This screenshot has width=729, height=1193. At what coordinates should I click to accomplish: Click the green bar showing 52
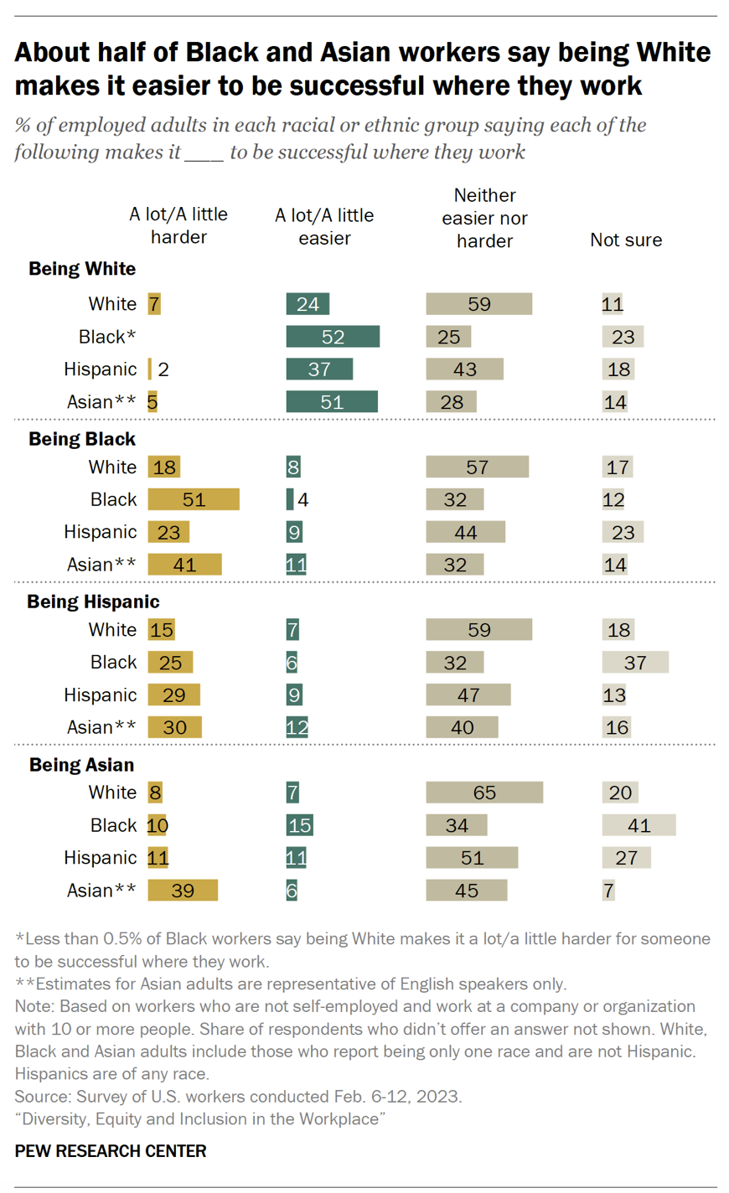tap(333, 337)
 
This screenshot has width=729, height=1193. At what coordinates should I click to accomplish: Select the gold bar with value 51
tap(194, 500)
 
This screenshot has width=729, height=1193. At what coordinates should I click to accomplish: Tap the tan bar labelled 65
tap(484, 793)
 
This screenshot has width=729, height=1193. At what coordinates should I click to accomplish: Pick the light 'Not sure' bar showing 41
tap(639, 825)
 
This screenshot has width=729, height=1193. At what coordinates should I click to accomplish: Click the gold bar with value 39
tap(183, 891)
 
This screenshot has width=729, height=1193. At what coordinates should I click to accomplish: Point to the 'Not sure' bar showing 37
tap(635, 663)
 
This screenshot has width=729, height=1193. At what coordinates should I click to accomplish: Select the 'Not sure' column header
tap(626, 240)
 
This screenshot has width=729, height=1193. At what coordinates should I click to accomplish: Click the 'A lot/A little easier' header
tap(324, 227)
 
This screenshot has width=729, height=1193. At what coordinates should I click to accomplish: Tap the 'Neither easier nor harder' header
tap(484, 218)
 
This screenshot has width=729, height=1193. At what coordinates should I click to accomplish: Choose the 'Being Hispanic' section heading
tap(93, 602)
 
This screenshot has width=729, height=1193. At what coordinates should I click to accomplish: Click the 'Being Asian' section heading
tap(81, 765)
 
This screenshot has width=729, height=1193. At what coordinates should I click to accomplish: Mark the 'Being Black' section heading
tap(82, 439)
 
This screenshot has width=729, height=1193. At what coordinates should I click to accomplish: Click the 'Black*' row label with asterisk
tap(107, 337)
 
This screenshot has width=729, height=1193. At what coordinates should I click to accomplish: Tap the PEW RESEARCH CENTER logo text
tap(111, 1151)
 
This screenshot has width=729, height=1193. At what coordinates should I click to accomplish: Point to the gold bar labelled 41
tap(184, 565)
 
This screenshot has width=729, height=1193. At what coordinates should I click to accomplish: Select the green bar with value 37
tap(319, 369)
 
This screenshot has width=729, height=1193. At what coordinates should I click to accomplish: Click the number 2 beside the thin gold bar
tap(163, 369)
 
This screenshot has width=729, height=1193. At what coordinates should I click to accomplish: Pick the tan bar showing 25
tap(448, 337)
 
